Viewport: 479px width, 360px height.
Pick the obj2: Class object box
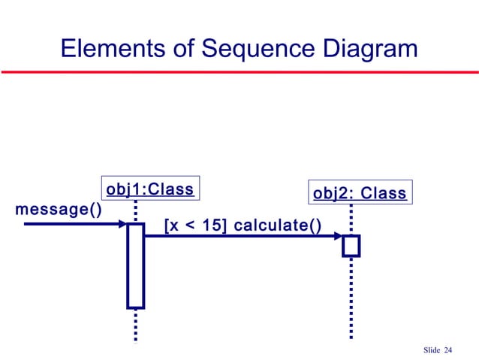click(x=359, y=194)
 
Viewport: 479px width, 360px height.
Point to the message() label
click(x=58, y=208)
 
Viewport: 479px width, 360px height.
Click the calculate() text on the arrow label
click(x=279, y=225)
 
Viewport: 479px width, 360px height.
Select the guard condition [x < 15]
click(x=196, y=225)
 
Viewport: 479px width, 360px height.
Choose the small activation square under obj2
click(x=351, y=245)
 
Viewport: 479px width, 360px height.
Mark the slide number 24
click(x=449, y=350)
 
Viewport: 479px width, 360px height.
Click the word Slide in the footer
click(x=432, y=350)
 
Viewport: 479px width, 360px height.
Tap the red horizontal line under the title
click(x=239, y=73)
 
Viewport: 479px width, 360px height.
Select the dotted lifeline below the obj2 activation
click(x=351, y=297)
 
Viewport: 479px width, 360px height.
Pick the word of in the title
click(x=177, y=49)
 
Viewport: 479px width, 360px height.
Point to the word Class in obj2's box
click(x=383, y=194)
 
